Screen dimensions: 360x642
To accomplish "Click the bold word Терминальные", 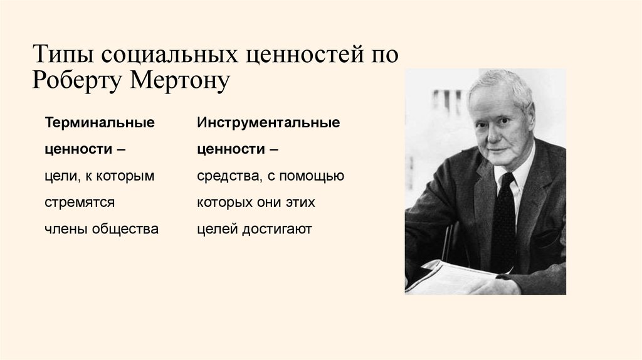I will point(100,123).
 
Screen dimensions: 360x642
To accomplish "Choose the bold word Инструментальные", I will point(268,123).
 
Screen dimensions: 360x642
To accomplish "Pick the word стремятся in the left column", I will point(80,203).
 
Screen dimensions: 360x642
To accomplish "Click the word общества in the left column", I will point(125,229).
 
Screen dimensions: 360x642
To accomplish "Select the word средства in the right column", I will point(224,176).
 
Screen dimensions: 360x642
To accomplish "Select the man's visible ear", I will point(530,116).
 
